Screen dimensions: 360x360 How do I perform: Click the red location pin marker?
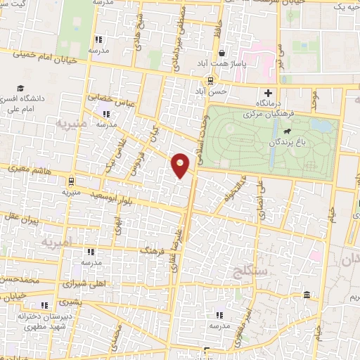181,166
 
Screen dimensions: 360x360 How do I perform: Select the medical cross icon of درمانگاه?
266,93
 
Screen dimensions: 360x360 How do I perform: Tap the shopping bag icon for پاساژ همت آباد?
222,53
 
